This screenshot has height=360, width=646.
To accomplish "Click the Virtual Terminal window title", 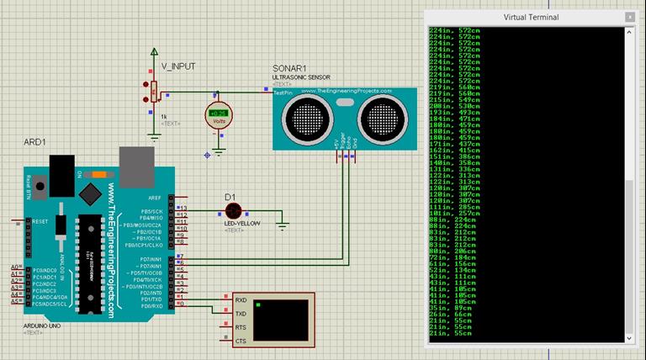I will point(531,17).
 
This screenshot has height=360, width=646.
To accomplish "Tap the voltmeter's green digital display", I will point(219,113).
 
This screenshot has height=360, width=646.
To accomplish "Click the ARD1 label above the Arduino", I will point(36,143).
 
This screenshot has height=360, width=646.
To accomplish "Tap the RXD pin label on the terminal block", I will point(241,300).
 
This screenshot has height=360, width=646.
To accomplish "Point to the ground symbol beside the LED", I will point(283,224).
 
